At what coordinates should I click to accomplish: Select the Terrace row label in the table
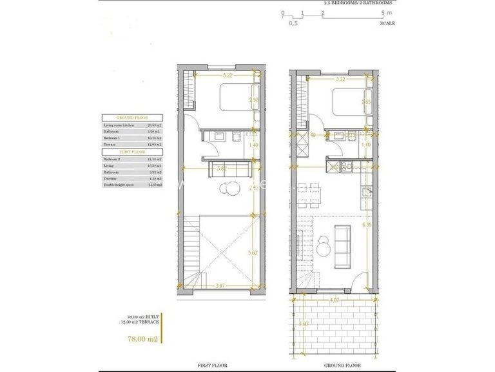pos(111,144)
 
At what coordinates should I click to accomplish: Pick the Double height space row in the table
pos(117,185)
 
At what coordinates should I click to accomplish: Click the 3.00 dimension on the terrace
pos(304,323)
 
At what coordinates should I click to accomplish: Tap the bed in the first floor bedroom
pos(236,99)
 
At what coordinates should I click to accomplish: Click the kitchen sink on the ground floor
pos(367,192)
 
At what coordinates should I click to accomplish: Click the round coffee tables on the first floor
pos(228,189)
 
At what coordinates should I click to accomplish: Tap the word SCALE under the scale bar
pos(388,23)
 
